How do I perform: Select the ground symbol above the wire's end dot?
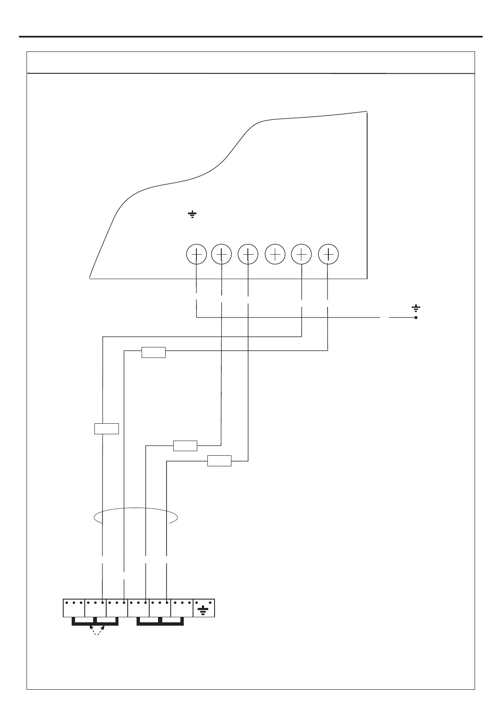416,309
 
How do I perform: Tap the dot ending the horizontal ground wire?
416,317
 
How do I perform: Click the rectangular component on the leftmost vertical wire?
106,429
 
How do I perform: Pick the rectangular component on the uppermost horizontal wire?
153,352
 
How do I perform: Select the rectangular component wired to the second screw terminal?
185,446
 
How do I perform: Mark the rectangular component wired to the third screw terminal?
219,461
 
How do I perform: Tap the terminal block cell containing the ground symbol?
204,608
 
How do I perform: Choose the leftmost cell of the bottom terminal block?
74,608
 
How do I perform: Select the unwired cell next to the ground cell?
182,608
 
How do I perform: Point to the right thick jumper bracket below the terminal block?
161,621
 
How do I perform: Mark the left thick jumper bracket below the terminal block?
95,621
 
